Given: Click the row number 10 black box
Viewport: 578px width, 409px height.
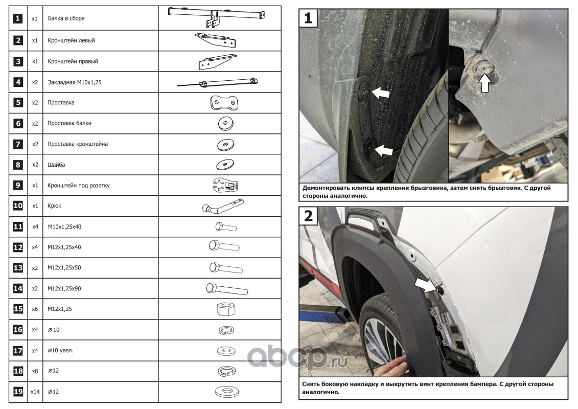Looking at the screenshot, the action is pyautogui.click(x=18, y=206).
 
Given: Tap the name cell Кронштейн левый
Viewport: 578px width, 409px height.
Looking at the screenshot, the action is pyautogui.click(x=101, y=40).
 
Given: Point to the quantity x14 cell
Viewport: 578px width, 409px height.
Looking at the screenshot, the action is pyautogui.click(x=35, y=392).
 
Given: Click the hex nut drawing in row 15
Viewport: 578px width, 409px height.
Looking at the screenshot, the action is pyautogui.click(x=226, y=309).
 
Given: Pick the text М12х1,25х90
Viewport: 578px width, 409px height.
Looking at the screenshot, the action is pyautogui.click(x=64, y=288).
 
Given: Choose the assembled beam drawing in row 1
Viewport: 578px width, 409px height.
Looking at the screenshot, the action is pyautogui.click(x=217, y=16).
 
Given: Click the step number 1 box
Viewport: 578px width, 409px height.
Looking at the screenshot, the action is pyautogui.click(x=308, y=18).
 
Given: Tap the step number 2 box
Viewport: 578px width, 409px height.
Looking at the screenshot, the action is pyautogui.click(x=308, y=216).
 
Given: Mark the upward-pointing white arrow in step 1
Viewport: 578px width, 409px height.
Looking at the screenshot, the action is pyautogui.click(x=485, y=83).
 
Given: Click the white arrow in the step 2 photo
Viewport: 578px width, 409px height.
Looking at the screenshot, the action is pyautogui.click(x=424, y=285).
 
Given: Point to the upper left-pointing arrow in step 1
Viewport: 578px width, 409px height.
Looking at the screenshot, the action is pyautogui.click(x=380, y=92).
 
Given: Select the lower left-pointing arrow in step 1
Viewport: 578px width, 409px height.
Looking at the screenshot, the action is pyautogui.click(x=383, y=150).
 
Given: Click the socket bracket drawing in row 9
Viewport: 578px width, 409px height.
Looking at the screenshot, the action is pyautogui.click(x=225, y=185).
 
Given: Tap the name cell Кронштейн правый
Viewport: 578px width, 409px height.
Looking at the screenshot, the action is pyautogui.click(x=101, y=61).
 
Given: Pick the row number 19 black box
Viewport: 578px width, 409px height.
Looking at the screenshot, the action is pyautogui.click(x=18, y=392).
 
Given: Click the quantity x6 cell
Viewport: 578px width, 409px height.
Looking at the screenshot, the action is pyautogui.click(x=35, y=309).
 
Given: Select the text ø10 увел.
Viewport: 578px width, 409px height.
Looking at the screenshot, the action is pyautogui.click(x=60, y=350).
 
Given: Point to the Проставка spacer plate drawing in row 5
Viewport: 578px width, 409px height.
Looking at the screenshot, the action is pyautogui.click(x=224, y=103).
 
